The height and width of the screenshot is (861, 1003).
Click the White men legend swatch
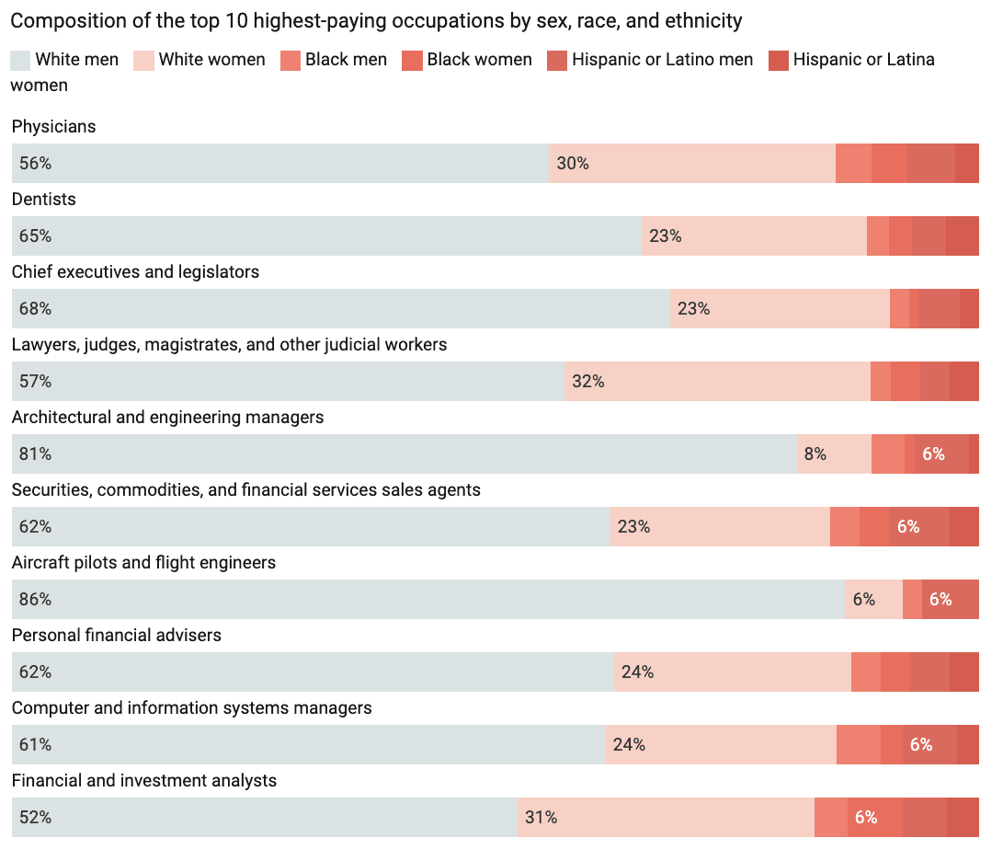click(x=20, y=61)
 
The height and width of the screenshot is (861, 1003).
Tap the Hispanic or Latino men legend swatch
click(x=557, y=61)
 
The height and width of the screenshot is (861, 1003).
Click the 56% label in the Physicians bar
click(x=35, y=164)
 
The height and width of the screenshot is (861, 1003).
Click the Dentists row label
click(x=43, y=200)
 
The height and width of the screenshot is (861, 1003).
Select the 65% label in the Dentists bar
click(x=35, y=236)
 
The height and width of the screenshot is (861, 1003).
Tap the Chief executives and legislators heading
click(x=135, y=272)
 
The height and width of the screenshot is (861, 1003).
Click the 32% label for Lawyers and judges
click(x=587, y=382)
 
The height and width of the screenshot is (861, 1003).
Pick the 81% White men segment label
click(x=35, y=454)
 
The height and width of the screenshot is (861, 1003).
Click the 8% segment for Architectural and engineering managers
click(x=815, y=454)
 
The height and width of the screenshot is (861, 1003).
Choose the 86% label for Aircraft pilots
click(x=35, y=600)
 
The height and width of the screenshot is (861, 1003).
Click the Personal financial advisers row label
click(x=116, y=636)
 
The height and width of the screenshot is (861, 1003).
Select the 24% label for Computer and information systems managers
click(x=629, y=745)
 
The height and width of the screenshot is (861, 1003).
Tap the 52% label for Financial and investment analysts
click(x=35, y=818)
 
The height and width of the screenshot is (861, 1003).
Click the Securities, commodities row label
click(x=245, y=490)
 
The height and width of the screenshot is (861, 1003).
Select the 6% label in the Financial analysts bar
click(x=866, y=818)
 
